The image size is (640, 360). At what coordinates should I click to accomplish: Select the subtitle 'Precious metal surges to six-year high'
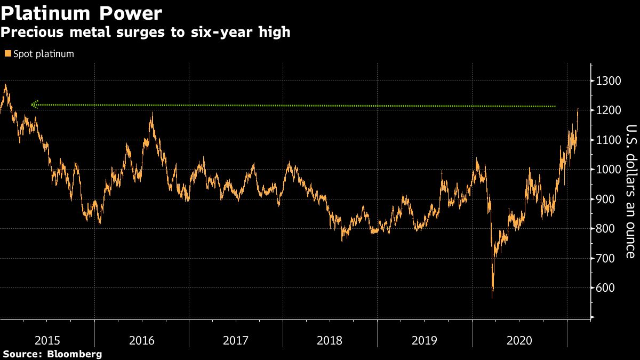pyautogui.click(x=145, y=32)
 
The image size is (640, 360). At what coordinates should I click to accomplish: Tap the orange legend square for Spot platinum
pyautogui.click(x=7, y=54)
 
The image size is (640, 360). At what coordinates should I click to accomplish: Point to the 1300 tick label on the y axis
pyautogui.click(x=609, y=81)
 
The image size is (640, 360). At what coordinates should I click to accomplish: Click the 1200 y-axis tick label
pyautogui.click(x=609, y=110)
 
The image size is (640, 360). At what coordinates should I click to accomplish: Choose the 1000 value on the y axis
pyautogui.click(x=609, y=170)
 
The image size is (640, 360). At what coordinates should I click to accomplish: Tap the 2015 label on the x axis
pyautogui.click(x=47, y=339)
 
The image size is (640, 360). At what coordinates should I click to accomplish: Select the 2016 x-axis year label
pyautogui.click(x=142, y=339)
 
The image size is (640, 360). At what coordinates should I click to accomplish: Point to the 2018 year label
pyautogui.click(x=330, y=339)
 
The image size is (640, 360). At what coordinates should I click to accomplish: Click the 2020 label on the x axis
pyautogui.click(x=519, y=339)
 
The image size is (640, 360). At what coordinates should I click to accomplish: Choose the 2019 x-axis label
pyautogui.click(x=425, y=339)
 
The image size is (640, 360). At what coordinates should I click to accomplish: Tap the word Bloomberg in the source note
pyautogui.click(x=75, y=354)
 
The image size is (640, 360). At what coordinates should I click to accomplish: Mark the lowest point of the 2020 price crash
pyautogui.click(x=492, y=297)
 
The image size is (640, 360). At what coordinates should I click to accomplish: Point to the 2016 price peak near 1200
pyautogui.click(x=152, y=113)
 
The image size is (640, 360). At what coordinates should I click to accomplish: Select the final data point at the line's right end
pyautogui.click(x=578, y=109)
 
